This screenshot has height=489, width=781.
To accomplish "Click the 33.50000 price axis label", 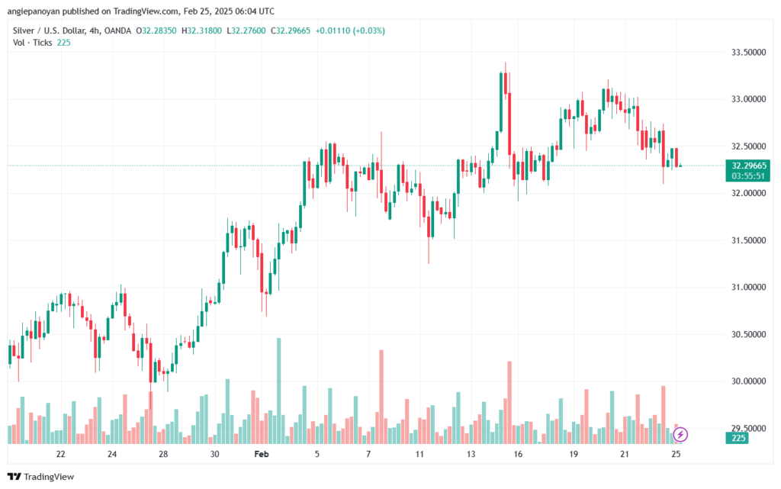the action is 748,53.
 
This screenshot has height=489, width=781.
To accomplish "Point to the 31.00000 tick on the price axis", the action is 748,288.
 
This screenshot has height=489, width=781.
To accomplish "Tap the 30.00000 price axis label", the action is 748,381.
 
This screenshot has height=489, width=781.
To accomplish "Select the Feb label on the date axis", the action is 262,454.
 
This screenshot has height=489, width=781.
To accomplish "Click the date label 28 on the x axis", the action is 163,454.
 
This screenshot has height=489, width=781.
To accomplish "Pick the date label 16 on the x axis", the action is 518,454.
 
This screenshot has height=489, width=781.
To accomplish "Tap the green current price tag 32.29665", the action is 748,166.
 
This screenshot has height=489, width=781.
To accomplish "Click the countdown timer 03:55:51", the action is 748,176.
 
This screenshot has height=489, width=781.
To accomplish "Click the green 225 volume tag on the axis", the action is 738,438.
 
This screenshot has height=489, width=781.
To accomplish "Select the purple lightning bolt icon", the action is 680,435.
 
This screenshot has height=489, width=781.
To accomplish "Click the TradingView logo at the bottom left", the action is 41,477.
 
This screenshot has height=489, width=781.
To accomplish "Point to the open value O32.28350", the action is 156,31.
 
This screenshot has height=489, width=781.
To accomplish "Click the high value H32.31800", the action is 201,31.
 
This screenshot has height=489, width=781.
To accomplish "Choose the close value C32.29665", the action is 291,31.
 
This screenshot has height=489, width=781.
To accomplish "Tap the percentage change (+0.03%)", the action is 368,31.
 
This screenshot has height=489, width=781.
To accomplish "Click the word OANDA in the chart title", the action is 117,31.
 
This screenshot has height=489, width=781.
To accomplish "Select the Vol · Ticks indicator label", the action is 32,43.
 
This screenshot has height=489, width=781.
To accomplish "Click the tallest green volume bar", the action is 279,391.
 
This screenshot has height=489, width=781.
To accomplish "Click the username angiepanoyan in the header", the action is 34,11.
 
